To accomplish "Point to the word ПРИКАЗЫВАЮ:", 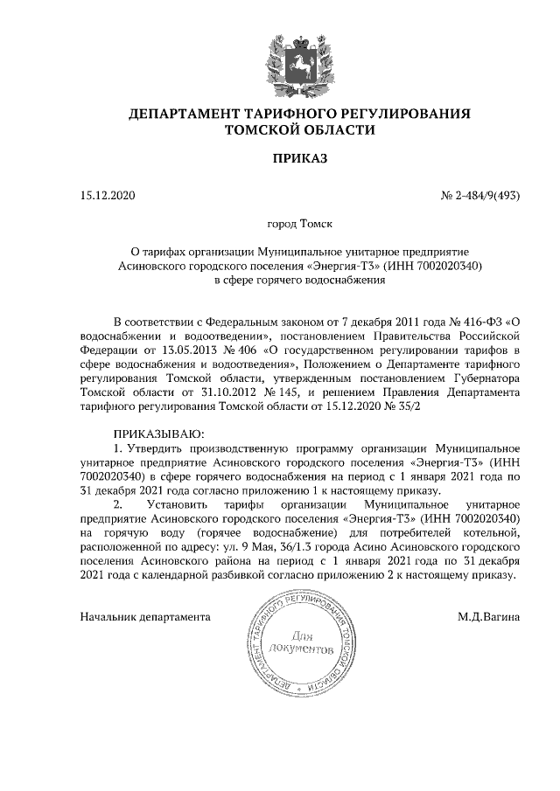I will coord(158,434).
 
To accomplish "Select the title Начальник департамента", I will coord(145,616).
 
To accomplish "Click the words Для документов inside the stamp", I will coord(301,642).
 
